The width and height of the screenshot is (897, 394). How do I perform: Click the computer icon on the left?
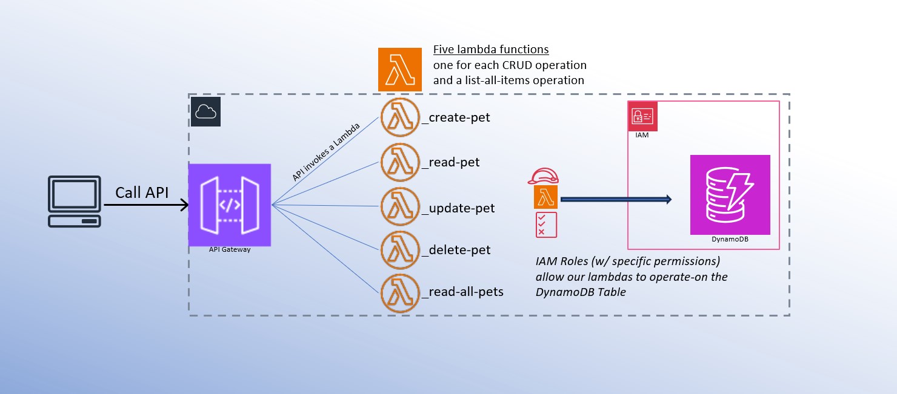[x=74, y=202]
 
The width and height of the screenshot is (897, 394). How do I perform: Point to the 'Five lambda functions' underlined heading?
[x=491, y=50]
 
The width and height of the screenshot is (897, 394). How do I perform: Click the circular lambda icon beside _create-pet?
[x=400, y=117]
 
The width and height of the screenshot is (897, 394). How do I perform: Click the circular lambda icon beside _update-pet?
[x=400, y=208]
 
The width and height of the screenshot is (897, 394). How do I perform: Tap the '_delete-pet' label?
[x=456, y=249]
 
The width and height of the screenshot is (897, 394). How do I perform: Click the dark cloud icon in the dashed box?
[x=206, y=112]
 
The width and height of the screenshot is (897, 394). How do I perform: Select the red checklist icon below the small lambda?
[x=545, y=225]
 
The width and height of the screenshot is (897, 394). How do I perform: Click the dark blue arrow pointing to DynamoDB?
[x=615, y=199]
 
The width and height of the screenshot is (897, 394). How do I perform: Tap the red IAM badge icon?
[x=642, y=117]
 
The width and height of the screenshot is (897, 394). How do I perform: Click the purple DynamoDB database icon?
[x=730, y=195]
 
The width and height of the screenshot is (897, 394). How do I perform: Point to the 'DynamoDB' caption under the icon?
[x=730, y=240]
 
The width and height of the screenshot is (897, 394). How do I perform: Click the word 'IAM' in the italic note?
[x=547, y=262]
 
